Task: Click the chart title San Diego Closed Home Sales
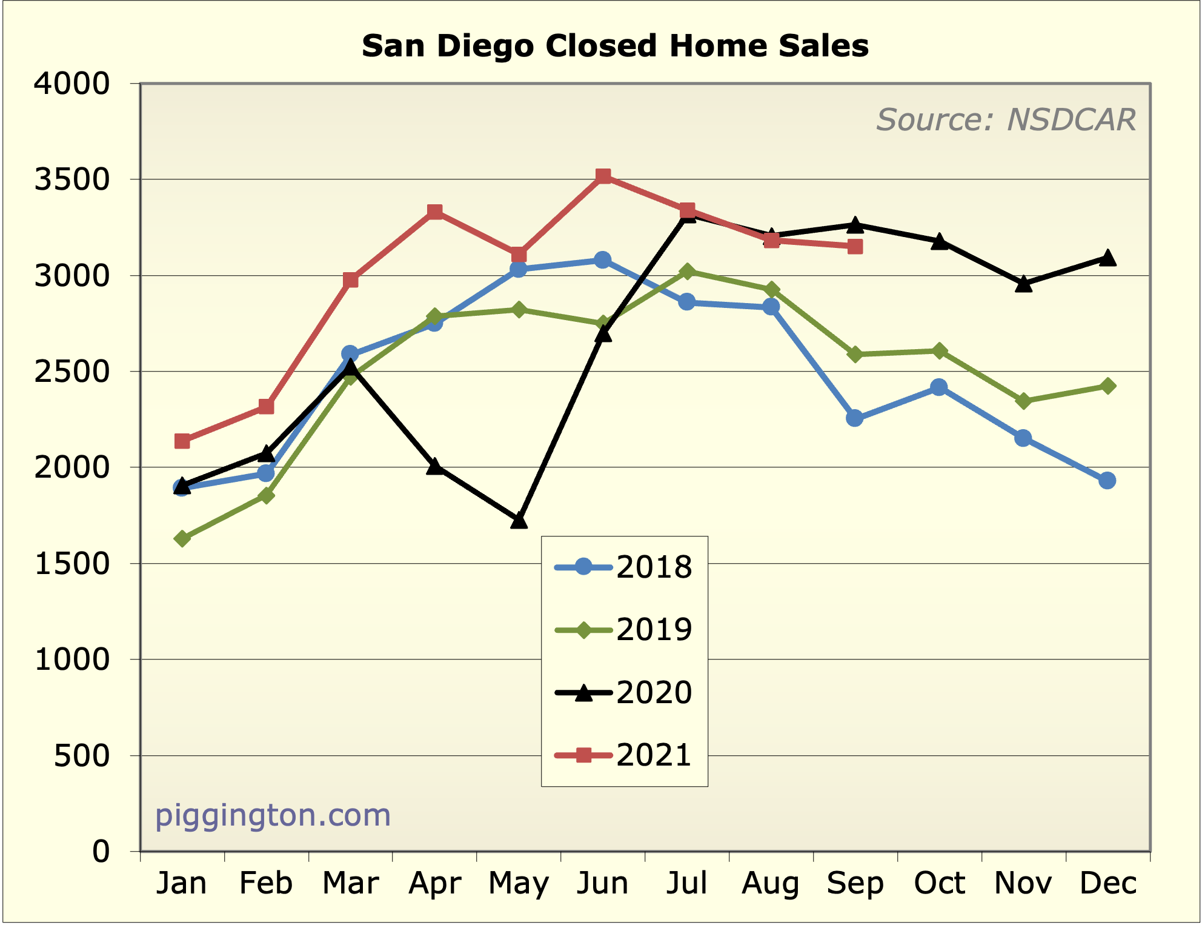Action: click(x=615, y=46)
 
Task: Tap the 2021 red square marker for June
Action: click(x=603, y=176)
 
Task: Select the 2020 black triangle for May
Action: click(x=519, y=521)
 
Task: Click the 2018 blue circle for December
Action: click(x=1107, y=481)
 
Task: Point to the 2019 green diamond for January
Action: click(x=182, y=538)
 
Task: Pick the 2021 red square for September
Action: click(x=855, y=247)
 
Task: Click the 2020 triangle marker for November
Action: click(x=1023, y=284)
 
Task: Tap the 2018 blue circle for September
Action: click(x=854, y=418)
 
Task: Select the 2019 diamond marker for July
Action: click(x=686, y=272)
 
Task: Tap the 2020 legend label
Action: click(x=653, y=692)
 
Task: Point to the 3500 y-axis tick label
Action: click(x=72, y=180)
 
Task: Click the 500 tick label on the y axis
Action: click(x=82, y=756)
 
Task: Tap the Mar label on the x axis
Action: click(x=350, y=883)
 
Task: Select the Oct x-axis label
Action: click(x=939, y=883)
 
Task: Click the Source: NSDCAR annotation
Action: click(x=1006, y=119)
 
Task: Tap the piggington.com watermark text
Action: click(x=273, y=815)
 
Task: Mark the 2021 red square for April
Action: click(x=434, y=212)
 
